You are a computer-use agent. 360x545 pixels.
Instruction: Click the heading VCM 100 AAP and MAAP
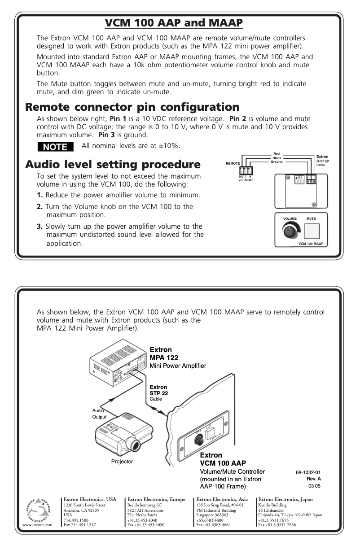(x=174, y=22)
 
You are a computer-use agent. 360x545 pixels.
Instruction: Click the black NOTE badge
(x=55, y=147)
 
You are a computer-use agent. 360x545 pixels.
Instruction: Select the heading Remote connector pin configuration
(x=132, y=107)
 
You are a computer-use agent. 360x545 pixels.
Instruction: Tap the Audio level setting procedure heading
(x=113, y=164)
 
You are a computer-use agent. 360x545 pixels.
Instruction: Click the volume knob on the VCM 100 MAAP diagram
(x=290, y=231)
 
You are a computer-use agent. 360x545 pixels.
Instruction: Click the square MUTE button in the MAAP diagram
(x=312, y=231)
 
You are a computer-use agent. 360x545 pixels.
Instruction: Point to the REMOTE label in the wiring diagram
(x=233, y=163)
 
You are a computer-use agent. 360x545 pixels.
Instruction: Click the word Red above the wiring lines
(x=277, y=154)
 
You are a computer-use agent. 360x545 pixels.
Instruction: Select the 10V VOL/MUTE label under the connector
(x=246, y=179)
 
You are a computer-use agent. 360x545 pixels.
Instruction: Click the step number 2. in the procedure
(x=40, y=207)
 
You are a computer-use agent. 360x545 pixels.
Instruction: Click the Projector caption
(x=122, y=461)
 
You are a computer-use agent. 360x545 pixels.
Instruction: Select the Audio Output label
(x=99, y=414)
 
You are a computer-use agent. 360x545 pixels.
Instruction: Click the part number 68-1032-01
(x=308, y=472)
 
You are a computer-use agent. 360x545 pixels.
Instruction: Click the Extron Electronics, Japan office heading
(x=285, y=499)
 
